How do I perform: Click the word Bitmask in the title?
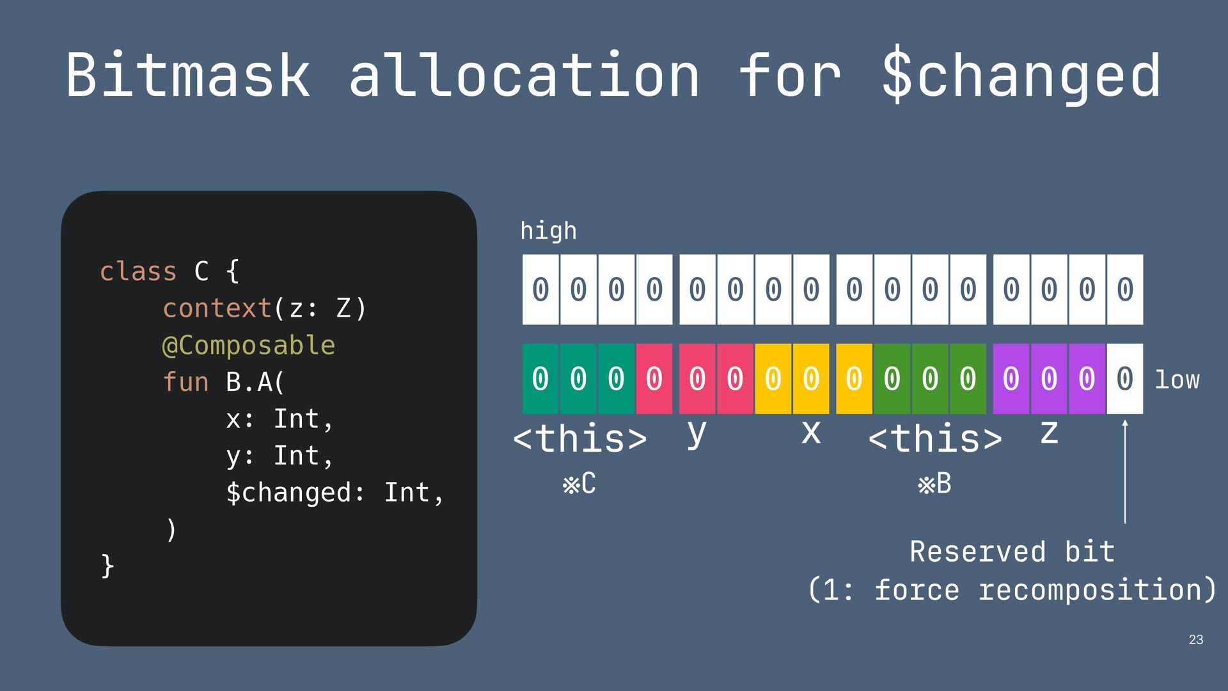(188, 75)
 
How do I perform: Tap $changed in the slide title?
(1021, 75)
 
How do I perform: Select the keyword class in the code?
(138, 271)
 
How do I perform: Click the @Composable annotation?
(249, 345)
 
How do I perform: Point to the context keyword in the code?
(217, 308)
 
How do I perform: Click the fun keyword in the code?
(185, 382)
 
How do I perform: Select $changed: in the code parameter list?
(295, 493)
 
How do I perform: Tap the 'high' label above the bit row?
(548, 231)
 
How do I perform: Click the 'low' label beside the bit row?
(1177, 380)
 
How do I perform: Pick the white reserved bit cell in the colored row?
(1124, 379)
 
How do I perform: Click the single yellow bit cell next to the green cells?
(854, 379)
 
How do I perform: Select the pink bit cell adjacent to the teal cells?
(654, 379)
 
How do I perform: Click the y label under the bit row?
(697, 434)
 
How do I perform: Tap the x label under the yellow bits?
(811, 433)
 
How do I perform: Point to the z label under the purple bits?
(1049, 433)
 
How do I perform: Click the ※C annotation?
(579, 484)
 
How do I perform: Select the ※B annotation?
(934, 484)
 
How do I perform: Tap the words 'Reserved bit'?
(1012, 552)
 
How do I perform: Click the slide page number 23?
(1195, 640)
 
